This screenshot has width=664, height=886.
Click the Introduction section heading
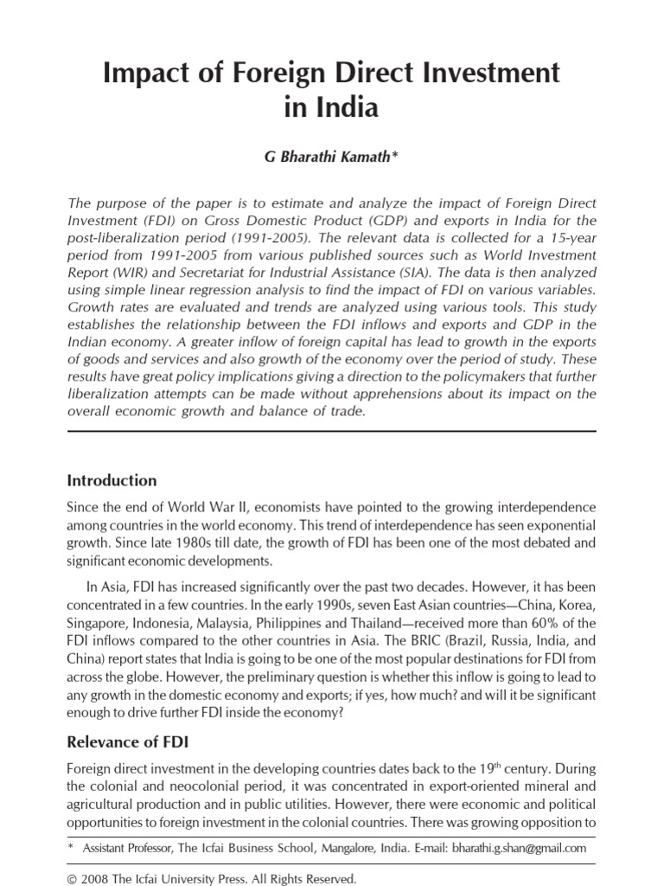click(112, 480)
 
